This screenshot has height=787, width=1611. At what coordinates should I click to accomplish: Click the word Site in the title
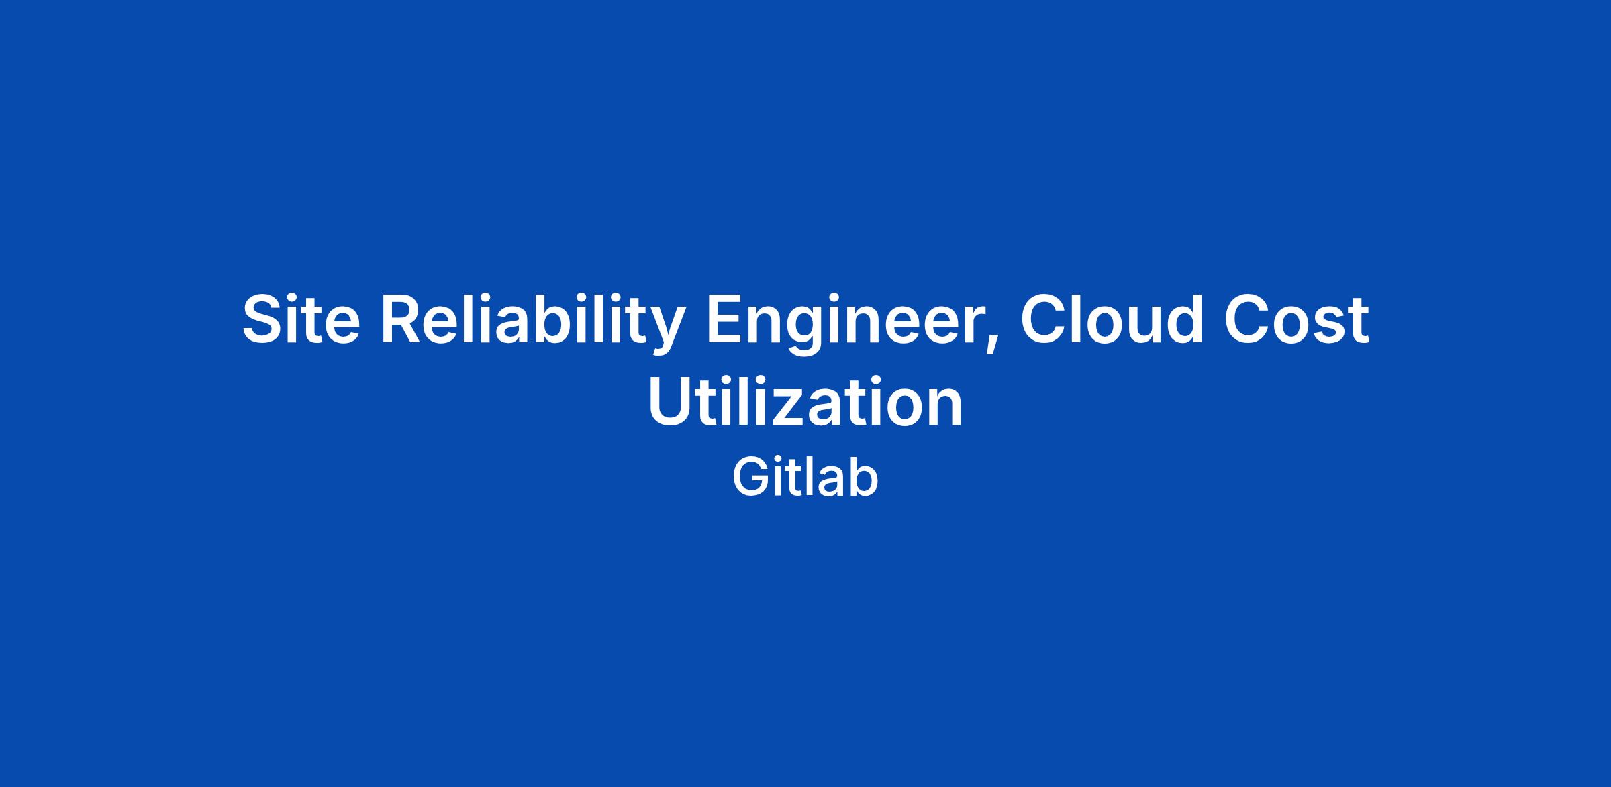301,319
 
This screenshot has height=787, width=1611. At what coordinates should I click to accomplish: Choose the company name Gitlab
805,477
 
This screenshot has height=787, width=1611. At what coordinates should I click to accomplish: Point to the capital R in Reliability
403,319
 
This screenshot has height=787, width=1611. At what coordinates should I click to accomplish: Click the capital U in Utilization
671,403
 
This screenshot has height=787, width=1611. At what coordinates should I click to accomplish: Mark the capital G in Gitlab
750,478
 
